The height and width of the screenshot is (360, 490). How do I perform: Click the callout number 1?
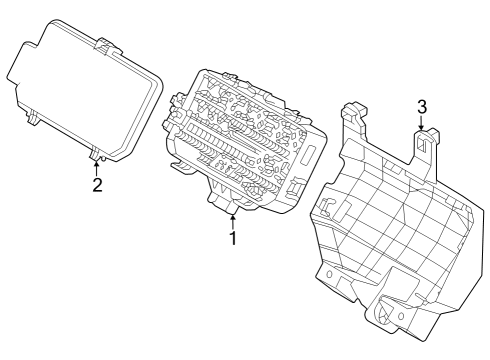coord(232,239)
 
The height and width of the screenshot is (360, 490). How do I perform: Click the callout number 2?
coord(97,184)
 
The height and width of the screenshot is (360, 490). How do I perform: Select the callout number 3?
coord(422,106)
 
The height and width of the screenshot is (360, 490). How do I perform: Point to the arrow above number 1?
coord(232,218)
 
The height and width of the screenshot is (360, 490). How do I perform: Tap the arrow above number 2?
coord(97,165)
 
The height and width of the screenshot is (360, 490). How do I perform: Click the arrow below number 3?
coord(422,124)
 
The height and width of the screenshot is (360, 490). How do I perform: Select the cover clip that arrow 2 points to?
coord(96,153)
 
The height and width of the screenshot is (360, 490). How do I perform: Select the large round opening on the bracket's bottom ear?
coord(382,312)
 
